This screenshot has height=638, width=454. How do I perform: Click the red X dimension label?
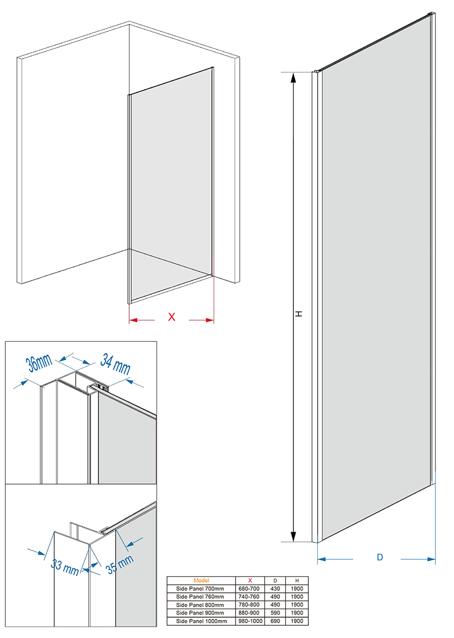tap(172, 317)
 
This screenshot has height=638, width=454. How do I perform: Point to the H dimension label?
tap(298, 314)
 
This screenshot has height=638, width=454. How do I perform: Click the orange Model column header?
tap(201, 580)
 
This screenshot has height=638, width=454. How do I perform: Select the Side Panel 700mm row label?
tap(200, 589)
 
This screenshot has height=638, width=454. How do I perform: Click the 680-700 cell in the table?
tap(249, 589)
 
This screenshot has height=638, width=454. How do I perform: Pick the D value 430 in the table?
tap(275, 589)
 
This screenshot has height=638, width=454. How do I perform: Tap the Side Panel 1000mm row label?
tap(201, 621)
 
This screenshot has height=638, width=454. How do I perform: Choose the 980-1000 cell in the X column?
tap(250, 621)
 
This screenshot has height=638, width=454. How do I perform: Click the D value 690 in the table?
tap(275, 621)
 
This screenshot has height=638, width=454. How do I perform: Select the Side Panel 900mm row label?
tap(200, 612)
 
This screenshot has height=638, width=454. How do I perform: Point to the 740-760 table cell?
tap(249, 597)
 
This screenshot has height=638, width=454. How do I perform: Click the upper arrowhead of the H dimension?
tap(293, 78)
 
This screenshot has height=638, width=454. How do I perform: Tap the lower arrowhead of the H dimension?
tap(293, 536)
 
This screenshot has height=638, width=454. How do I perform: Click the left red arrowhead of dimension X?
tap(133, 320)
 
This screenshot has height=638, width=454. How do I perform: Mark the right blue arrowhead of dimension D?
tap(432, 559)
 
